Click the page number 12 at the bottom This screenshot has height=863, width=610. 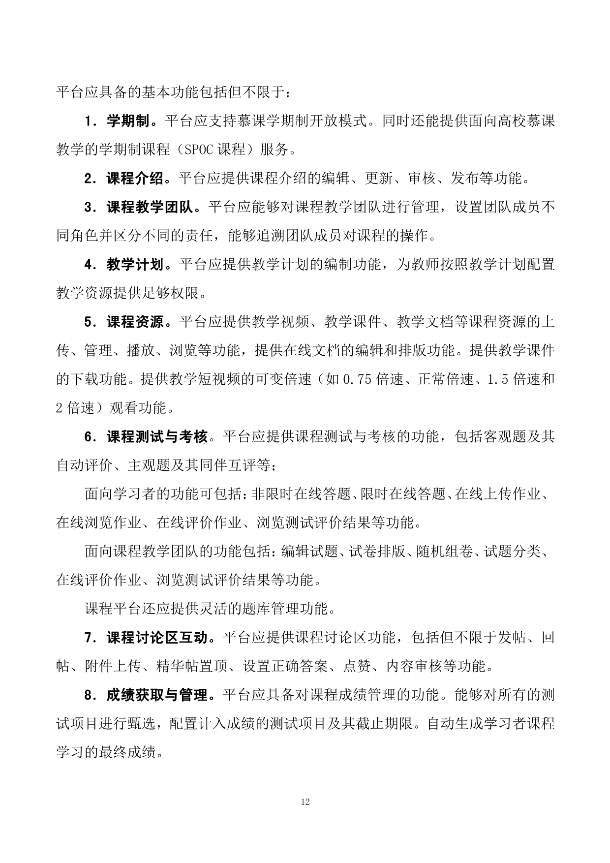(x=305, y=802)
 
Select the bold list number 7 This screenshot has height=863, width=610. (x=89, y=638)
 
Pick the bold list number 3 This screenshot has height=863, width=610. (x=89, y=207)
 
